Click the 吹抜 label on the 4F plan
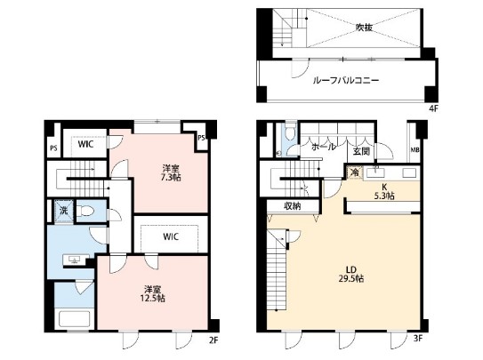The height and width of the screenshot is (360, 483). (364, 28)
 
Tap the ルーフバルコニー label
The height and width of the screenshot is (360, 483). (346, 81)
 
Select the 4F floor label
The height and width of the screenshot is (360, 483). (433, 108)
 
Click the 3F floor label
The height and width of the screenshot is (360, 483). (418, 339)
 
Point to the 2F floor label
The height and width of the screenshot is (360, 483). (213, 340)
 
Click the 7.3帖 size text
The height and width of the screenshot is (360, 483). (172, 178)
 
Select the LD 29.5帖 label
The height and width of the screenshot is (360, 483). (350, 274)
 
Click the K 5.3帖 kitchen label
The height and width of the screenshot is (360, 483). (384, 191)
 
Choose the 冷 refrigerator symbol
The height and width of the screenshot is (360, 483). (355, 172)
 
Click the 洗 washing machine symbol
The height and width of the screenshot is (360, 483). (64, 211)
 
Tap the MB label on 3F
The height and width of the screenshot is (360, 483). (415, 150)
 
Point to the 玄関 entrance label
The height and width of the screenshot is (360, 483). (361, 151)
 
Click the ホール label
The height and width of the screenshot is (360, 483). (323, 147)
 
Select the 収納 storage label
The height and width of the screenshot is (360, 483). (292, 206)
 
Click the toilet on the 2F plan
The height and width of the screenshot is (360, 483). (87, 211)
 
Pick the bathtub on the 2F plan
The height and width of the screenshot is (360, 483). (75, 319)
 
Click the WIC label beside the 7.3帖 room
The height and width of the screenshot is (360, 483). (85, 144)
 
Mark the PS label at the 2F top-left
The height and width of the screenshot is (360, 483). (53, 148)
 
